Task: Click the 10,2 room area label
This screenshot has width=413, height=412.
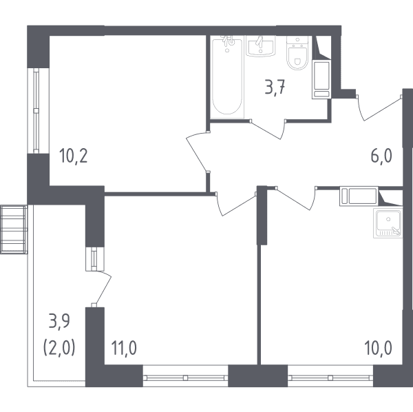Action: pyautogui.click(x=74, y=156)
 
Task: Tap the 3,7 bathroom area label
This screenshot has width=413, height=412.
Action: pyautogui.click(x=275, y=88)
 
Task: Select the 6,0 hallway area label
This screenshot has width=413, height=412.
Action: pyautogui.click(x=381, y=156)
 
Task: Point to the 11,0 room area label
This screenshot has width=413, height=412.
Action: pyautogui.click(x=124, y=348)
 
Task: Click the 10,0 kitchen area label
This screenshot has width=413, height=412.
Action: pyautogui.click(x=378, y=348)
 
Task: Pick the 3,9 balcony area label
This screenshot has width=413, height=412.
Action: pyautogui.click(x=59, y=322)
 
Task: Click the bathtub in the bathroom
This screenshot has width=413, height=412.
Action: pyautogui.click(x=227, y=76)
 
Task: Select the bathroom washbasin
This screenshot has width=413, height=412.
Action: pyautogui.click(x=261, y=45)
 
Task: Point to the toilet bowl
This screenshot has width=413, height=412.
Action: pyautogui.click(x=297, y=53)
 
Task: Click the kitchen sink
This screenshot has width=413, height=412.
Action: pyautogui.click(x=388, y=223)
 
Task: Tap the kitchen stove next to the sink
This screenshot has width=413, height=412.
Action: pyautogui.click(x=359, y=196)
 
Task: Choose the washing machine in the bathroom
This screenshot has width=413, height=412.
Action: pyautogui.click(x=321, y=80)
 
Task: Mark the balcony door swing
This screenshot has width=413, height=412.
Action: pyautogui.click(x=102, y=289)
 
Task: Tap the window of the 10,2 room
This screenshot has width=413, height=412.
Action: pyautogui.click(x=36, y=111)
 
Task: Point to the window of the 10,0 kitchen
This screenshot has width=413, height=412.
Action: pyautogui.click(x=330, y=378)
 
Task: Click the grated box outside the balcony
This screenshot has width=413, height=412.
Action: pyautogui.click(x=14, y=229)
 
